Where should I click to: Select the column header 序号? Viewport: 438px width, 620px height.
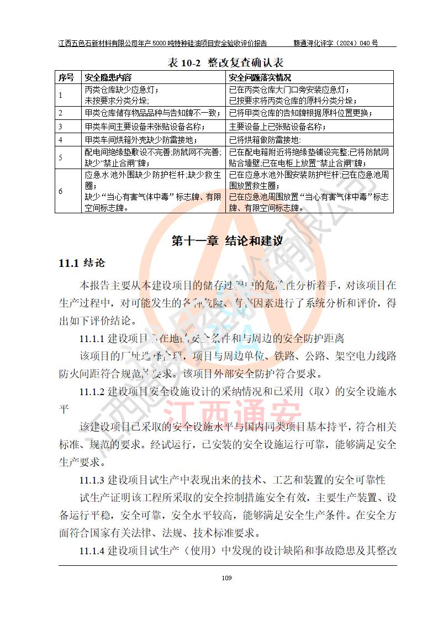pos(66,78)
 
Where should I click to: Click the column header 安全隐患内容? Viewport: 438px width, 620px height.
pos(108,78)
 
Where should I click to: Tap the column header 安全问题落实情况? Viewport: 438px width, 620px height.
pos(260,78)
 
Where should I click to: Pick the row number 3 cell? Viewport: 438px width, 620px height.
pos(61,127)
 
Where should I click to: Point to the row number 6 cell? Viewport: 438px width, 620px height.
pos(61,191)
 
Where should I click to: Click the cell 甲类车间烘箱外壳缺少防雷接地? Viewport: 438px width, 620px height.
pos(140,140)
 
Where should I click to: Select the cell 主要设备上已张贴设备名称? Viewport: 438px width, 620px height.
pos(277,127)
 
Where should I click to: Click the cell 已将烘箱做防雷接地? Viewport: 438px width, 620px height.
pos(265,140)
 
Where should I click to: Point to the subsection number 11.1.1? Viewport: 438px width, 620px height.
pos(92,338)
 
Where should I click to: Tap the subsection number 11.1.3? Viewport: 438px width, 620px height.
pos(92,479)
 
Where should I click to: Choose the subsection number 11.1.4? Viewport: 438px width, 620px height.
pos(92,551)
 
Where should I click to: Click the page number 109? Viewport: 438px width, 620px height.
pos(226,578)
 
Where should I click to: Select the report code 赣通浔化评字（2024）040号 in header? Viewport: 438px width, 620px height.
pos(335,43)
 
